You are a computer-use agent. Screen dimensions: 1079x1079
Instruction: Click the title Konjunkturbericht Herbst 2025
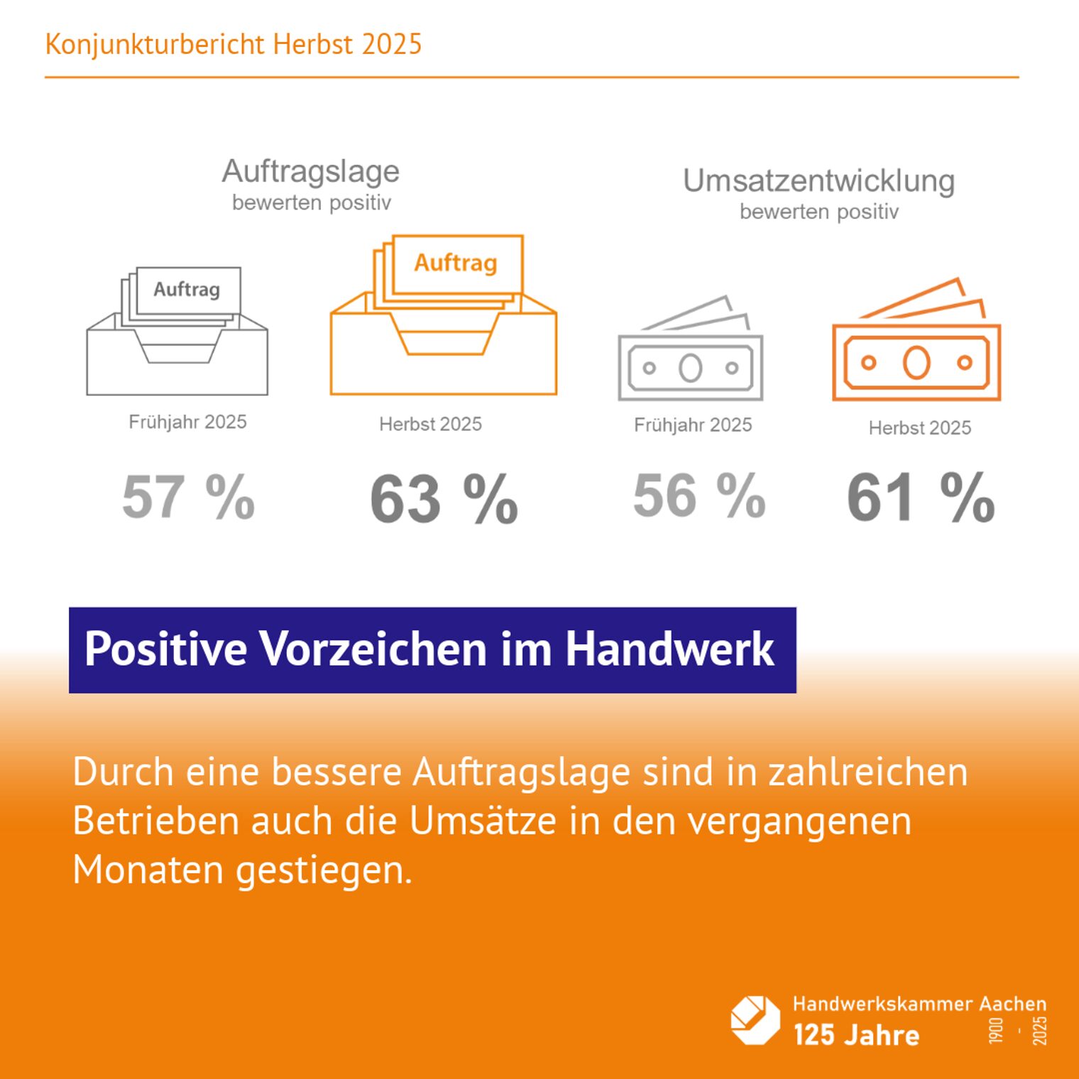point(233,44)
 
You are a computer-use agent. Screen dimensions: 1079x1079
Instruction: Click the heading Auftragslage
point(311,171)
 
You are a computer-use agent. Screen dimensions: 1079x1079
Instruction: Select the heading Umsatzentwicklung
point(818,181)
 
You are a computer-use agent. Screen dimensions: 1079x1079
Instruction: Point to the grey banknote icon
point(691,351)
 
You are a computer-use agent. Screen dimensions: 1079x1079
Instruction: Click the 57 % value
point(189,497)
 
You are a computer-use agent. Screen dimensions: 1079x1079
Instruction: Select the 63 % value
point(444,500)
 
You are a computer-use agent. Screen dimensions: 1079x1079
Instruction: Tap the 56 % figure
point(699,495)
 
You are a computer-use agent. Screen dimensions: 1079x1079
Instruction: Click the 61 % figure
point(921,498)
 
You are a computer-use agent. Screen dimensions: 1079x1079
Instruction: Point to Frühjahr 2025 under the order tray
point(187,422)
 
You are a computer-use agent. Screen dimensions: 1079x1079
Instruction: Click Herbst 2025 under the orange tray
point(430,424)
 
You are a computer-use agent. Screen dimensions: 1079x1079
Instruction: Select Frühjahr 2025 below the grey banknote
point(693,425)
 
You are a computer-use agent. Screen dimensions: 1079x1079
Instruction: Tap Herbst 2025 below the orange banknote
point(919,427)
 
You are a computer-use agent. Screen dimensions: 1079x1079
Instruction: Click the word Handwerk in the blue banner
point(669,649)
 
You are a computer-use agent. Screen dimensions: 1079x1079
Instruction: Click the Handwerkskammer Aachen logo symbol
point(755,1020)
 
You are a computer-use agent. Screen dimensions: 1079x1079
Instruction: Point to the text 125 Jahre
point(856,1035)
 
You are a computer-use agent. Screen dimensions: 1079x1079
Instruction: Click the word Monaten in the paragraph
point(148,869)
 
